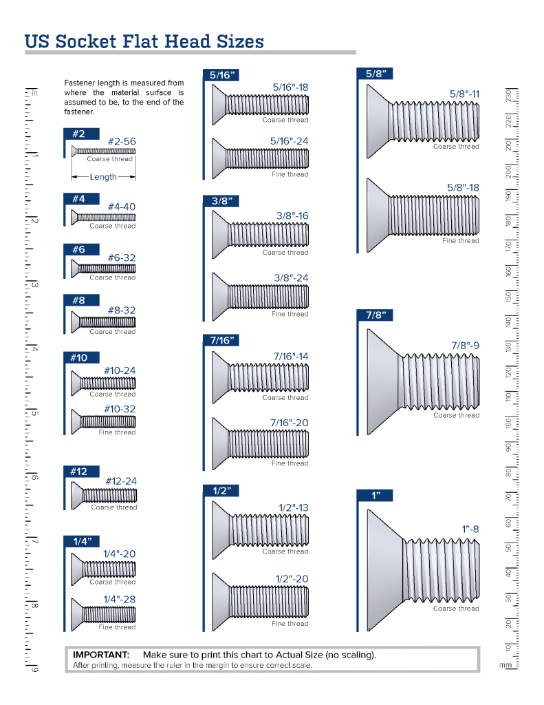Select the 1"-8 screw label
click(x=470, y=529)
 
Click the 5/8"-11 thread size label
click(x=464, y=94)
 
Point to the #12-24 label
click(x=120, y=481)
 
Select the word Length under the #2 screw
click(x=103, y=177)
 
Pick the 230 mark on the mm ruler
click(x=508, y=96)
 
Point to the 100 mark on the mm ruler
click(x=508, y=423)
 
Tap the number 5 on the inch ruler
click(x=34, y=413)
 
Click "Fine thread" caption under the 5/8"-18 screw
click(x=460, y=241)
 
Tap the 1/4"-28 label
click(x=119, y=600)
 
